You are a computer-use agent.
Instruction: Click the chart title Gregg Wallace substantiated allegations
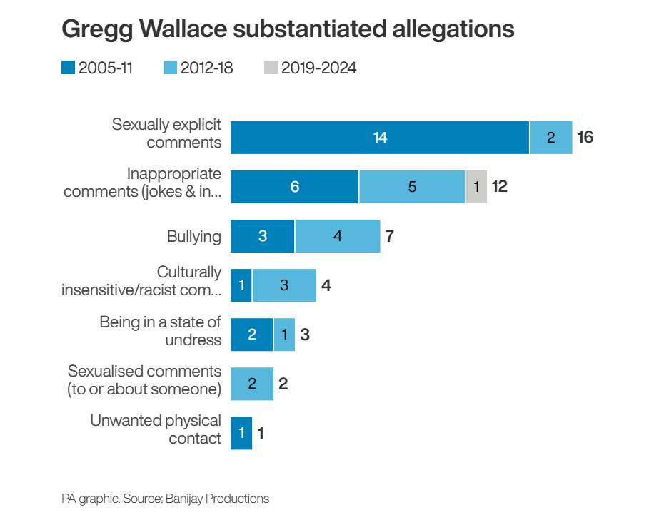pos(288,29)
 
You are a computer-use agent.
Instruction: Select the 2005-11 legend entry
pos(97,68)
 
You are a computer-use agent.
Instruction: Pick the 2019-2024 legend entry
pos(310,68)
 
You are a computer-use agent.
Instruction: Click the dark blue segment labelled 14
pos(380,138)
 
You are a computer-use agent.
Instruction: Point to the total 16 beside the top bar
pos(585,138)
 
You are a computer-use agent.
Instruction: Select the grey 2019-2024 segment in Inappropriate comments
pos(476,187)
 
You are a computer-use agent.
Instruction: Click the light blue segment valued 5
pos(412,187)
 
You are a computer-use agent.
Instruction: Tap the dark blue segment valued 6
pos(294,187)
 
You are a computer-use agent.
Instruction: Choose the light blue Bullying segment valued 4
pos(337,236)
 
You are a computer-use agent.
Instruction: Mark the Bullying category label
pos(193,236)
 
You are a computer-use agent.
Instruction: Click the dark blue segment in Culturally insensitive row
pos(241,285)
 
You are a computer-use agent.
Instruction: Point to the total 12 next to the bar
pos(500,187)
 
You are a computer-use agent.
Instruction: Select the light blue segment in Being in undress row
pos(283,335)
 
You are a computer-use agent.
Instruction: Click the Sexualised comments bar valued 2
pos(252,384)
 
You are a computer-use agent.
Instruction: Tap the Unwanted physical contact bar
pos(241,433)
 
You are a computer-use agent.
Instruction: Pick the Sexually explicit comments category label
pos(166,133)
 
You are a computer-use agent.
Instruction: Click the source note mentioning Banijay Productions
pos(165,499)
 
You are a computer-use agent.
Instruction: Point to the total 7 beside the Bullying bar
pos(390,236)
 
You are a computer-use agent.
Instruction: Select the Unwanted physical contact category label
pos(156,429)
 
